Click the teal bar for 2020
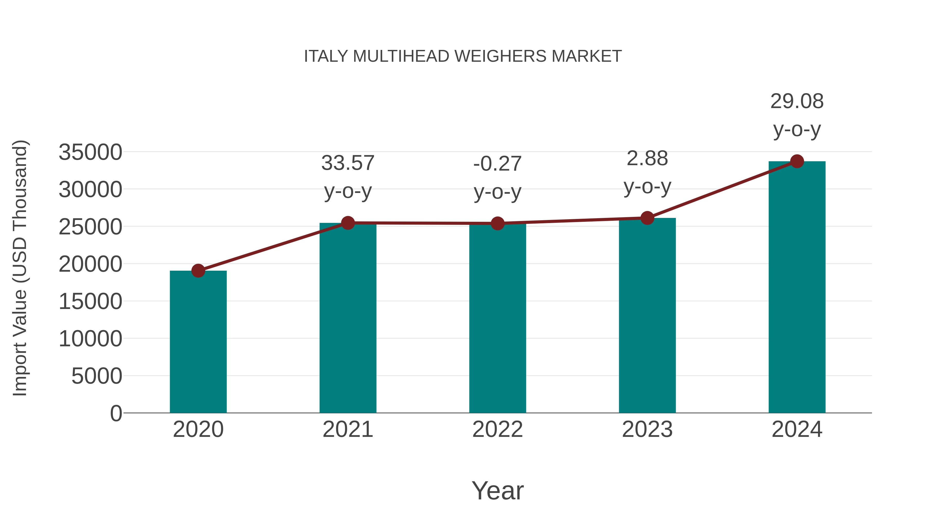click(198, 342)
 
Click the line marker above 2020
click(198, 271)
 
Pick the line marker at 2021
click(348, 223)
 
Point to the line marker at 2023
click(647, 218)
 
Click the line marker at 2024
click(797, 161)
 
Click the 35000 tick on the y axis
click(90, 152)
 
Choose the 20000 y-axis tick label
click(90, 264)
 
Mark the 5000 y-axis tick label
click(97, 376)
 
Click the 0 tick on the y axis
click(116, 413)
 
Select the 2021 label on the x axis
click(348, 429)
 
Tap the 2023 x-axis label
click(647, 429)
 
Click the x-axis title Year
click(497, 490)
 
